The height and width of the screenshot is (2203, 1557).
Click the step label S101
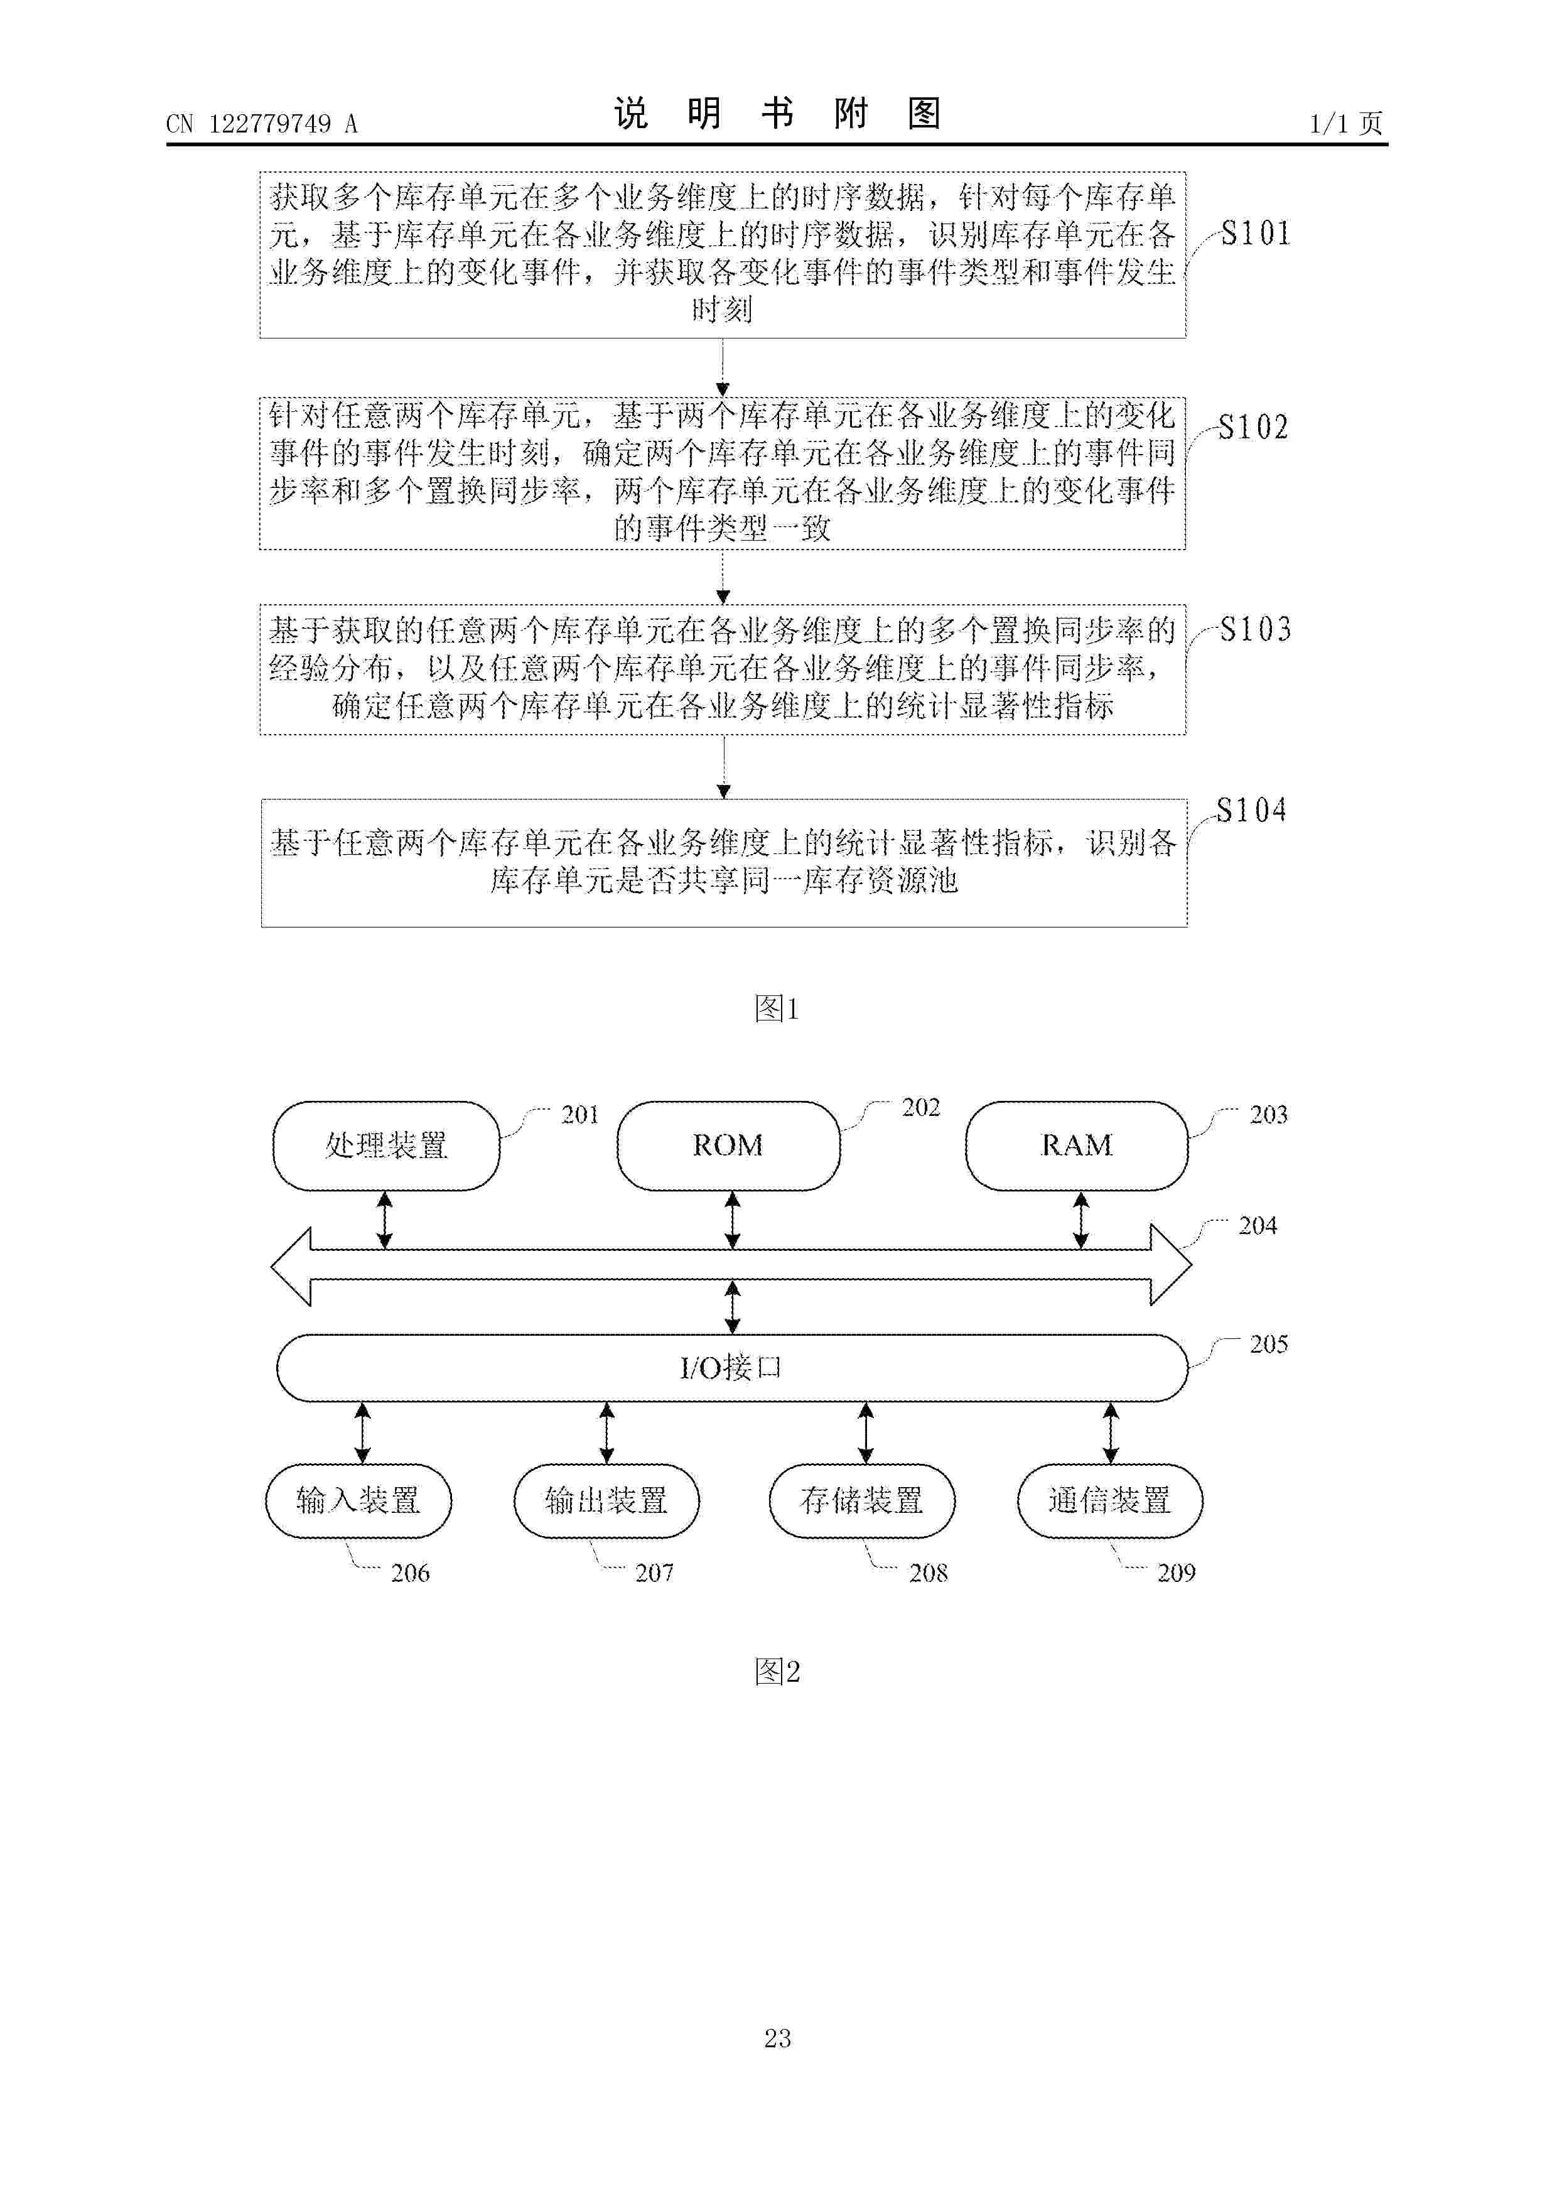point(1255,233)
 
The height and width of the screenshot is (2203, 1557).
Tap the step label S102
point(1253,427)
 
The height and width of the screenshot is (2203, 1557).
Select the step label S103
point(1255,629)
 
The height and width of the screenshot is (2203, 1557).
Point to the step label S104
point(1251,810)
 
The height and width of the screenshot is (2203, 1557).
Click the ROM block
point(728,1145)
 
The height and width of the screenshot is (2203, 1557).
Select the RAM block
point(1076,1145)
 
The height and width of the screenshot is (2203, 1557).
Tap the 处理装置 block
point(387,1145)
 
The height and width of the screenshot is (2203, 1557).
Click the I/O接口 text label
point(731,1367)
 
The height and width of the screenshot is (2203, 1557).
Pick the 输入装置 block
point(358,1501)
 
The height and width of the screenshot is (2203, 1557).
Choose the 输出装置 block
point(606,1501)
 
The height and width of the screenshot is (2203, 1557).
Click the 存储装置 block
point(861,1501)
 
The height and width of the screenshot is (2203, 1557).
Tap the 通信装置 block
point(1110,1501)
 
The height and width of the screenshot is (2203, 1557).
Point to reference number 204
point(1258,1225)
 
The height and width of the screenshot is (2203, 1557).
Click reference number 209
point(1176,1572)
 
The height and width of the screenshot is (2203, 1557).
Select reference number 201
point(579,1114)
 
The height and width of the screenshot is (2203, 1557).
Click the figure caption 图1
point(777,1007)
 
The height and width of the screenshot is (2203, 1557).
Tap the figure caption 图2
point(777,1672)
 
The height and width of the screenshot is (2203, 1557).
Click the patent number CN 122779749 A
point(262,123)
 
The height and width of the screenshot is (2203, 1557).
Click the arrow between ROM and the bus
point(732,1220)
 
